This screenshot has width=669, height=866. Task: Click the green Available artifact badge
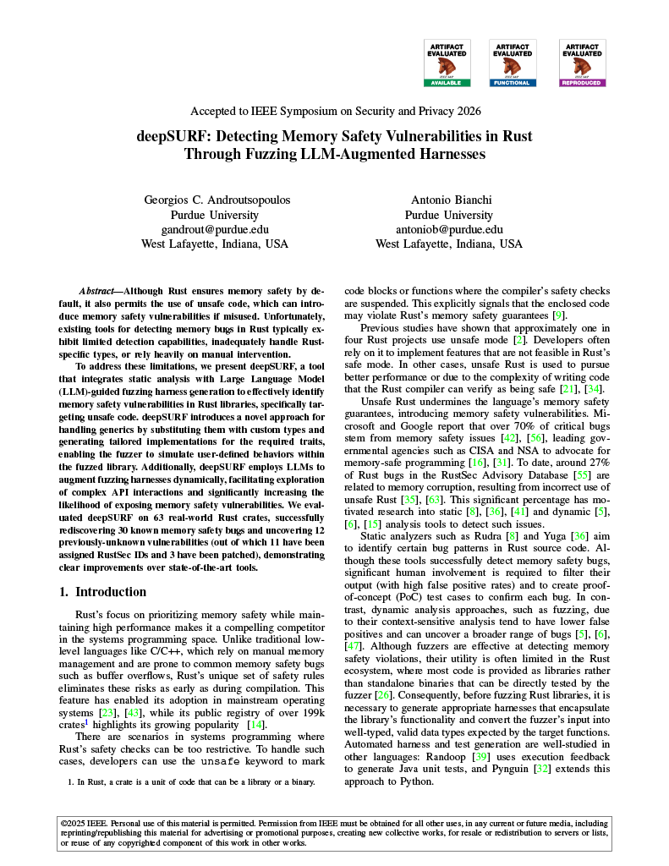click(447, 63)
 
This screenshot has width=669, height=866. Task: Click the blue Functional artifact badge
click(513, 63)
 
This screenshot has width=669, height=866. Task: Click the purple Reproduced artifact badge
click(582, 63)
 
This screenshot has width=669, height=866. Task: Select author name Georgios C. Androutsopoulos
click(215, 200)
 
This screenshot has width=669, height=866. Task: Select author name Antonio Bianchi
click(449, 200)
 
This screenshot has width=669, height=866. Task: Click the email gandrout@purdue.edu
click(215, 229)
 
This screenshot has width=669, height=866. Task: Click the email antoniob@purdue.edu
click(449, 229)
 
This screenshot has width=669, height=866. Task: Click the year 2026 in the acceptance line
click(469, 111)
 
